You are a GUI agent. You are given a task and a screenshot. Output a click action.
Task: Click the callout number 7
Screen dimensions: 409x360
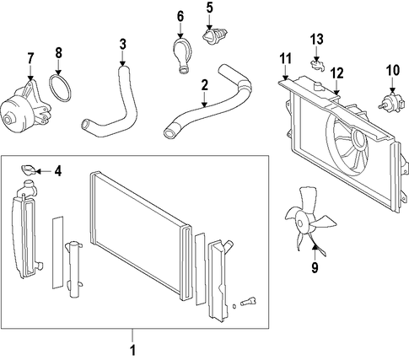(x=30, y=59)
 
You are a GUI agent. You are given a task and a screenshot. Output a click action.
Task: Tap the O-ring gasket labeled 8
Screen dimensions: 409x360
(x=60, y=88)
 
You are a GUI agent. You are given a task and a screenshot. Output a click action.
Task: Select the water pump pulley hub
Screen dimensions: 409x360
(x=9, y=119)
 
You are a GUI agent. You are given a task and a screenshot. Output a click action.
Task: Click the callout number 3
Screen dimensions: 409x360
(x=123, y=45)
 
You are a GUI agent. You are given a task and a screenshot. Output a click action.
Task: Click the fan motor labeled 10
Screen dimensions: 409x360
(x=388, y=103)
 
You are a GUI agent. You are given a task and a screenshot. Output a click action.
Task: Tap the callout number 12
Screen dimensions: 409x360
(x=336, y=73)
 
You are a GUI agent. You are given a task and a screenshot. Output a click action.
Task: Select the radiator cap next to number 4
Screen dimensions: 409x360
(x=29, y=169)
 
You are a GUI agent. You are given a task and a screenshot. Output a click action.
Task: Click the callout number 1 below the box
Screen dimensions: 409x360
(x=132, y=350)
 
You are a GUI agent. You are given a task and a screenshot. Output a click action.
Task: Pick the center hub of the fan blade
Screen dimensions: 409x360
(x=301, y=223)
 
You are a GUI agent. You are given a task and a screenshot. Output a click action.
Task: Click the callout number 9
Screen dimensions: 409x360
(x=315, y=268)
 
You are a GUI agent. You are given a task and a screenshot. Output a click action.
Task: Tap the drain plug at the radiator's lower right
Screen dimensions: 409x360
(x=249, y=302)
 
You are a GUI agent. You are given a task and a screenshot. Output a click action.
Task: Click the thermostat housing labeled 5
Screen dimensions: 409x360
(x=214, y=35)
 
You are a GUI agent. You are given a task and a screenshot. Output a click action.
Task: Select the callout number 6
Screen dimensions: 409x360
(x=180, y=17)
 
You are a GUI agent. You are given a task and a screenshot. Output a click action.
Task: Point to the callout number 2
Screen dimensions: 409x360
(x=204, y=85)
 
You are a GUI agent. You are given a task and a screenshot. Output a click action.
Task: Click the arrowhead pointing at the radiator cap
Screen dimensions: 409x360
(x=38, y=171)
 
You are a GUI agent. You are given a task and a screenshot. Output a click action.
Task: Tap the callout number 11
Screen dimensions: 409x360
(x=285, y=59)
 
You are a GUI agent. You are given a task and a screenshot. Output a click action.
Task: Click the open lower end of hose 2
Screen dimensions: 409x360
(x=170, y=133)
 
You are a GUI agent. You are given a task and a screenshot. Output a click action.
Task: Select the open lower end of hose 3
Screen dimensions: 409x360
(x=85, y=125)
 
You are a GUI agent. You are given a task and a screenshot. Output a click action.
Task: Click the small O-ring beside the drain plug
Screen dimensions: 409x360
(x=234, y=306)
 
